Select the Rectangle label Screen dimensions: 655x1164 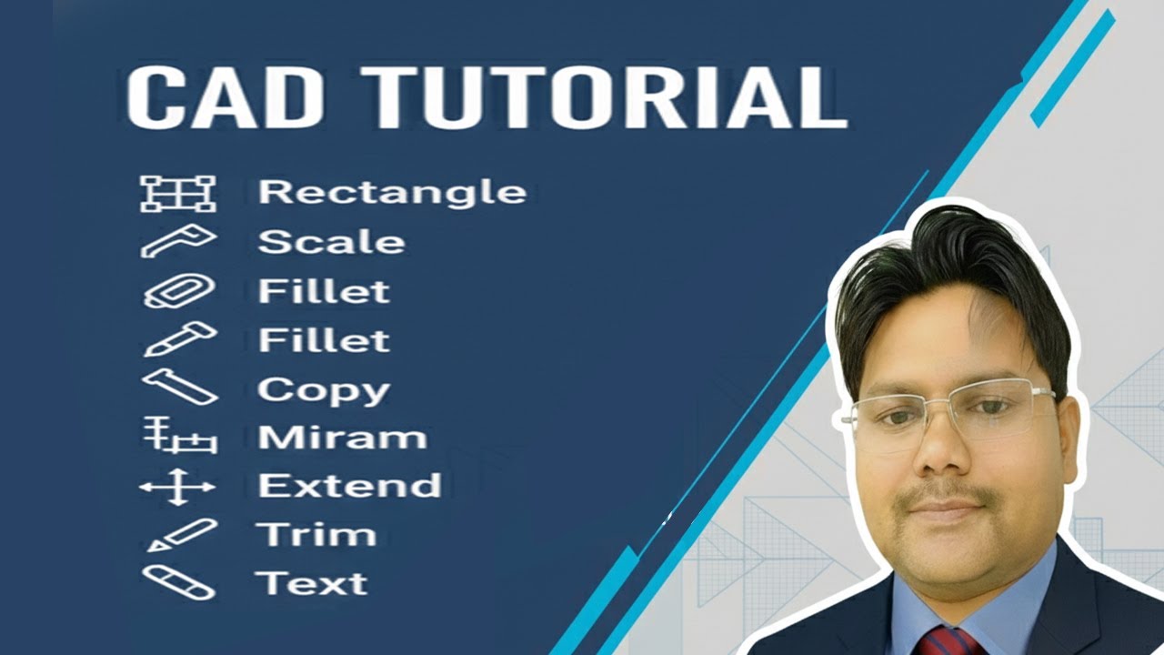tap(392, 192)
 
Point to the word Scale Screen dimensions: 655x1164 tap(331, 242)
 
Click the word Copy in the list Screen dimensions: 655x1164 tap(324, 390)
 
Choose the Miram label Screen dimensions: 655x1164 tap(342, 438)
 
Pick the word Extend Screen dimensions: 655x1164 tap(349, 485)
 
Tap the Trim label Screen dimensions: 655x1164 tap(316, 534)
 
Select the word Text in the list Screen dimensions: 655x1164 tap(311, 582)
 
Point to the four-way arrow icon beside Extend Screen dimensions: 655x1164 tap(177, 488)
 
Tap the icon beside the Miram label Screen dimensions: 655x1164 tap(179, 438)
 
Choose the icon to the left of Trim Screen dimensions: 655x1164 tap(181, 534)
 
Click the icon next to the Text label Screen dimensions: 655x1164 tap(178, 582)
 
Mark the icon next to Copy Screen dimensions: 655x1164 tap(179, 387)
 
